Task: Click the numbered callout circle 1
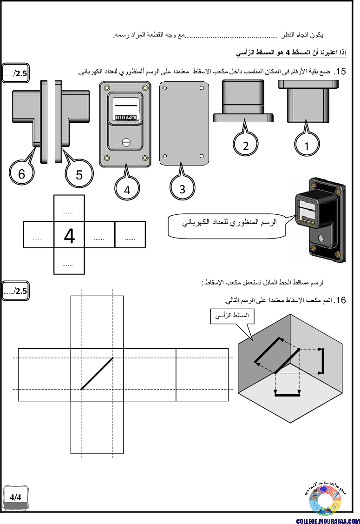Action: (307, 146)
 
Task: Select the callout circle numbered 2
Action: (245, 145)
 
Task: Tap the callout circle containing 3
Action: (182, 189)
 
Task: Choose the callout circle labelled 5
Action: (79, 174)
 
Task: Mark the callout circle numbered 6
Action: (22, 174)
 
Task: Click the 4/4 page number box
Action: (16, 497)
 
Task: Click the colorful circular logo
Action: (325, 500)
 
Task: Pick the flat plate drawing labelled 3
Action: (183, 123)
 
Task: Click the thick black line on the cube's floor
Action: (287, 396)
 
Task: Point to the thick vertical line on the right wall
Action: (322, 361)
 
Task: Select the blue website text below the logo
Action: (327, 521)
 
